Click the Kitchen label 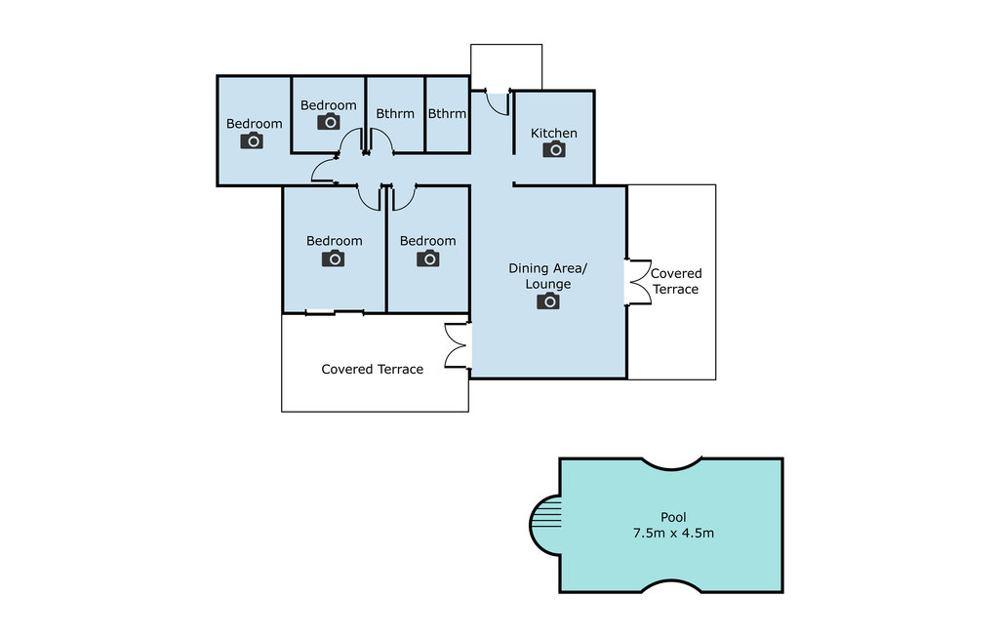click(554, 134)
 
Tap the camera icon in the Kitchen click(554, 149)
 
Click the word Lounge click(548, 284)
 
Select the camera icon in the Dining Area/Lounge click(548, 300)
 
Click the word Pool click(673, 517)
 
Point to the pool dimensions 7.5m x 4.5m click(673, 533)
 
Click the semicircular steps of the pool click(545, 525)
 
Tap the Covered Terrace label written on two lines click(675, 281)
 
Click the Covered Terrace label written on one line click(372, 369)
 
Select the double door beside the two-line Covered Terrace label click(638, 282)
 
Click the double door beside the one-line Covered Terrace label click(458, 345)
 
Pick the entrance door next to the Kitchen click(498, 103)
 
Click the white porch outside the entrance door click(506, 67)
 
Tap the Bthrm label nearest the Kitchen click(447, 113)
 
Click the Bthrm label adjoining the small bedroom click(395, 113)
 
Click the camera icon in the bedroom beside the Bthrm click(329, 121)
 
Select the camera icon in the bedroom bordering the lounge click(428, 258)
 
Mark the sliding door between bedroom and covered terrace click(334, 312)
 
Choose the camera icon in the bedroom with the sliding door click(334, 258)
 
